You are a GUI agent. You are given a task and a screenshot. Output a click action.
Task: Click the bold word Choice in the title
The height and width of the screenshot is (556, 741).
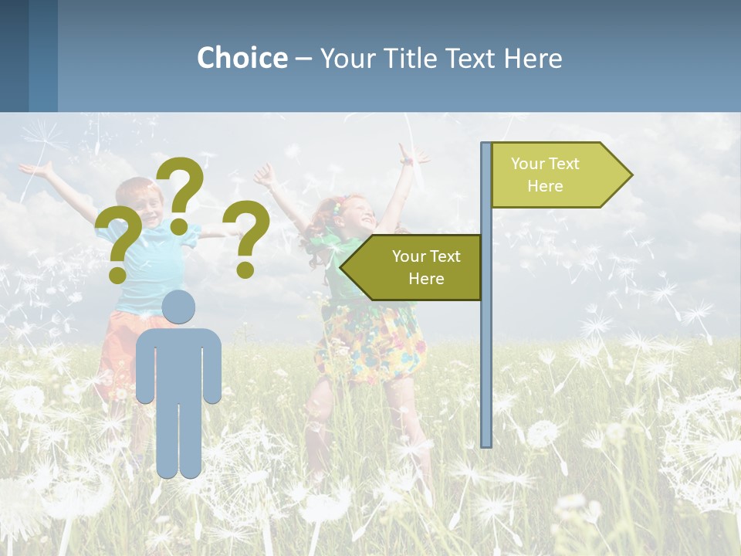pos(242,59)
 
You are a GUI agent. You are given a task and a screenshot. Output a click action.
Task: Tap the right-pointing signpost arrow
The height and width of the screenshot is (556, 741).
pos(561,175)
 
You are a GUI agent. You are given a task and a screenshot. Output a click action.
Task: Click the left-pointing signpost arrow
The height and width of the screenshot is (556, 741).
pos(411,267)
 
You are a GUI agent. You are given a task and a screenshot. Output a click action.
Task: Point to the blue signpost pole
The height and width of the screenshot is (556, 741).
pos(486,347)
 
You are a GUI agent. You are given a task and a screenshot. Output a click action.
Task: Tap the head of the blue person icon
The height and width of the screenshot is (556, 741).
pos(178,307)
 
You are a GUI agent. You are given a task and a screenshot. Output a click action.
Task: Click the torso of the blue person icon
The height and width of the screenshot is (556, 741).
pos(178,363)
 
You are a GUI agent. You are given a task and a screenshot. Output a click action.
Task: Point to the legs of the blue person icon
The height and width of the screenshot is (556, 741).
pos(178,440)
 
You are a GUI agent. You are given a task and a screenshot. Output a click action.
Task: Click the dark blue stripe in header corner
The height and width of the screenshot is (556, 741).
pos(14,56)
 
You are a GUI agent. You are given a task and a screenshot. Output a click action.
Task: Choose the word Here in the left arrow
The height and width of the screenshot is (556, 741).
pos(426,279)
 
